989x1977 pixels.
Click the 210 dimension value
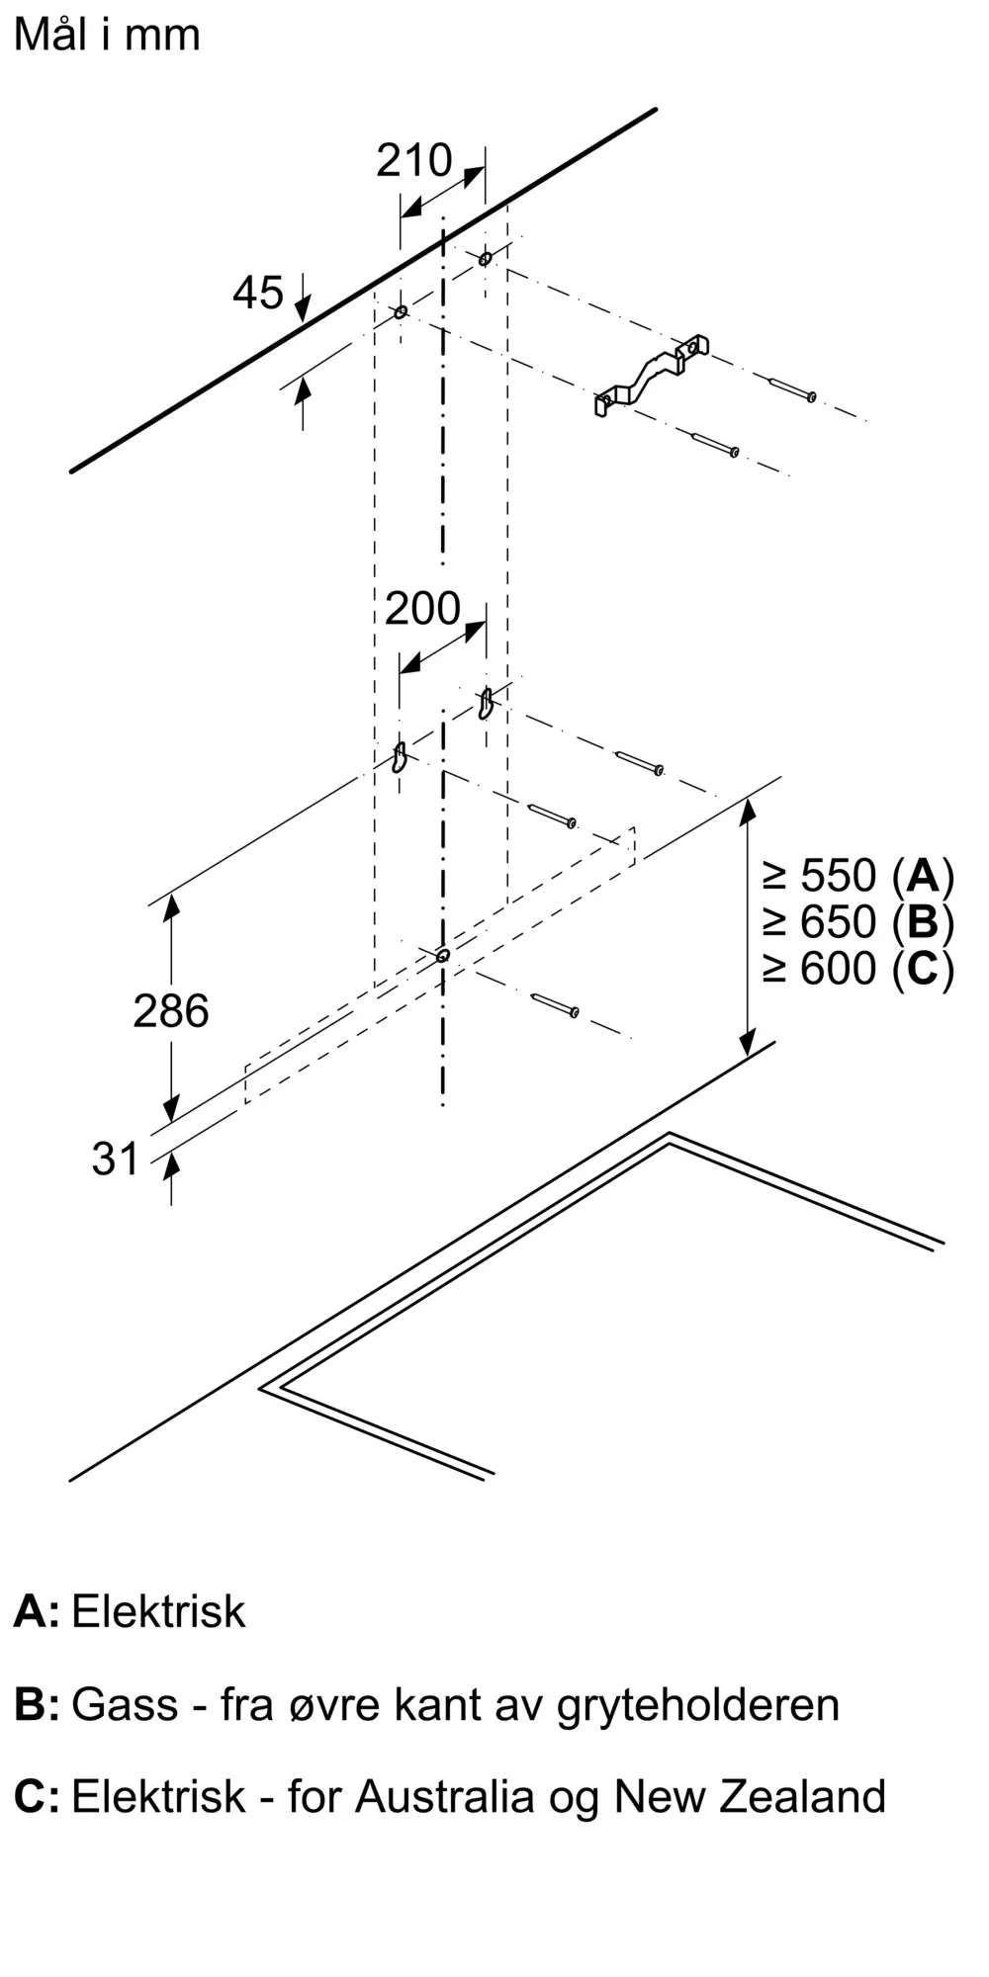pyautogui.click(x=413, y=160)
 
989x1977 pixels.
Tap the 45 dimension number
pyautogui.click(x=258, y=293)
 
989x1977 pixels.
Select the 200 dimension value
pyautogui.click(x=422, y=609)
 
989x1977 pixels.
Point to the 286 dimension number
pyautogui.click(x=171, y=1011)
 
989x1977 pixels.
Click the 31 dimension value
pyautogui.click(x=116, y=1159)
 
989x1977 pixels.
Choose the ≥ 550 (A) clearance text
pyautogui.click(x=857, y=876)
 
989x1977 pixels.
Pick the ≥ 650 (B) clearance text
pyautogui.click(x=857, y=922)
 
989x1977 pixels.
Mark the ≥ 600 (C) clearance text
pyautogui.click(x=857, y=969)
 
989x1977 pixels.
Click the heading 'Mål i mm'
pyautogui.click(x=107, y=36)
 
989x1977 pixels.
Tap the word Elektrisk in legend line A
pyautogui.click(x=158, y=1612)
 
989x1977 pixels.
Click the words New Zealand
pyautogui.click(x=750, y=1796)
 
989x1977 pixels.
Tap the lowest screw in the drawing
pyautogui.click(x=555, y=1004)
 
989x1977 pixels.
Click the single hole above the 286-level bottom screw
pyautogui.click(x=443, y=955)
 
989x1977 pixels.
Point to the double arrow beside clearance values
pyautogui.click(x=748, y=926)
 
